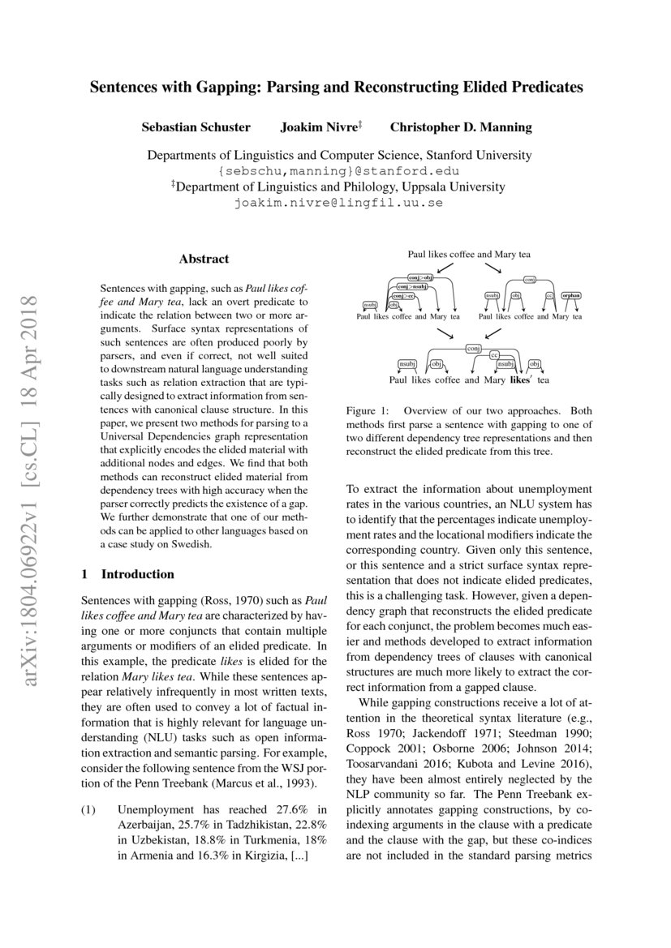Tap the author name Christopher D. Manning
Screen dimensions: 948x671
pos(461,127)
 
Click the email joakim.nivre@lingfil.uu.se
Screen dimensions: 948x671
pos(338,203)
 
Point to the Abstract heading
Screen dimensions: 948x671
pos(204,260)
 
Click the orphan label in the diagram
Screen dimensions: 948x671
pos(570,296)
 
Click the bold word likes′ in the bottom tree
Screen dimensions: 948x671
pos(520,380)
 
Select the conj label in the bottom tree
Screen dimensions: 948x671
pos(474,348)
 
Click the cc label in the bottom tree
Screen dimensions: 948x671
pos(494,355)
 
